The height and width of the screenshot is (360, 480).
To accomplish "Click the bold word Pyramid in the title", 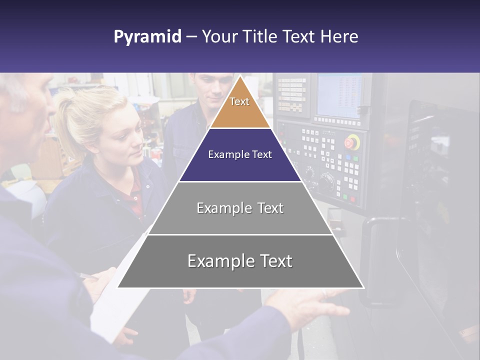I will pyautogui.click(x=147, y=37).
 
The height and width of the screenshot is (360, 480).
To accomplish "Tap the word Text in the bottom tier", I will pyautogui.click(x=272, y=261).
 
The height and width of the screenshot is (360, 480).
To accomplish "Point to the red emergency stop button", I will pyautogui.click(x=352, y=142).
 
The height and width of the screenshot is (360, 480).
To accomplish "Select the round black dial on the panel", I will pyautogui.click(x=327, y=180).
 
